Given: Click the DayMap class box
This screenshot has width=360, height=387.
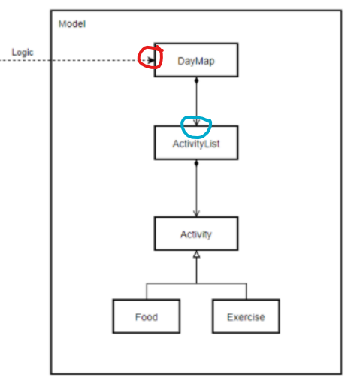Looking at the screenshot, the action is tap(196, 60).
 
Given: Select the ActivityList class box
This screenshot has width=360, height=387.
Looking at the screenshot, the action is tap(196, 143).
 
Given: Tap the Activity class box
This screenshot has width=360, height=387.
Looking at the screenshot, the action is tap(196, 234).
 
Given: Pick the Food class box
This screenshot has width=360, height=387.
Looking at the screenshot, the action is tap(147, 316).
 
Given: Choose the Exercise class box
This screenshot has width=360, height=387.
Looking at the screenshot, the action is tap(246, 316).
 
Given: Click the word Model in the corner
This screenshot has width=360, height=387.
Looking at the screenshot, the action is tap(72, 24).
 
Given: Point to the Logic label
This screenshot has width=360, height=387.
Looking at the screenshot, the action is tap(23, 53).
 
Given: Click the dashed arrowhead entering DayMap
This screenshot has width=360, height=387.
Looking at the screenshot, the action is tap(151, 60).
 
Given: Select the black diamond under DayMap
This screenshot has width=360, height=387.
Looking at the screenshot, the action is tap(196, 80).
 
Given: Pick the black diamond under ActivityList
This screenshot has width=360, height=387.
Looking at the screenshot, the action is tap(196, 163).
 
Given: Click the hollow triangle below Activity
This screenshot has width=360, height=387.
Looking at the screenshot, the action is tap(197, 254).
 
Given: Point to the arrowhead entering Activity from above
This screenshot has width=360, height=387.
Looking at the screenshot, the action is tap(196, 213).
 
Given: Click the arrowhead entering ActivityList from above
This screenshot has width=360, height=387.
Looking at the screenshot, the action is tap(196, 122).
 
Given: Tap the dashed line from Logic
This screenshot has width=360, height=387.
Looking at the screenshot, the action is tap(75, 60).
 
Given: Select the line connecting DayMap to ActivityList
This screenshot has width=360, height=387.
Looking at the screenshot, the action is tap(196, 101).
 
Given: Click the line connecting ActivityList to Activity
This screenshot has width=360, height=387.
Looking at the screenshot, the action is tap(196, 189).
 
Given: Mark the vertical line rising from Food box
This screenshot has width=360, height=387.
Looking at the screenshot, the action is tap(147, 292).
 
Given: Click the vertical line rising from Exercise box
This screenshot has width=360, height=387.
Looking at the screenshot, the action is tap(247, 292).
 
